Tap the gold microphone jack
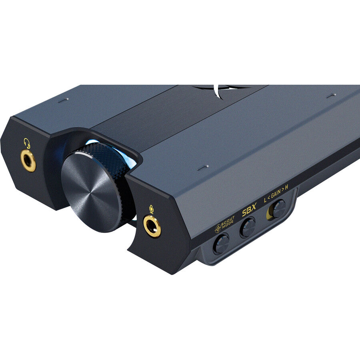point(152,226)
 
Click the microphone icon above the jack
point(151,209)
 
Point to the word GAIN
point(276,196)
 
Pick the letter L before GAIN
point(265,199)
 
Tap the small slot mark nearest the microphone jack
point(204,167)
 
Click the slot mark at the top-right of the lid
point(331,96)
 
